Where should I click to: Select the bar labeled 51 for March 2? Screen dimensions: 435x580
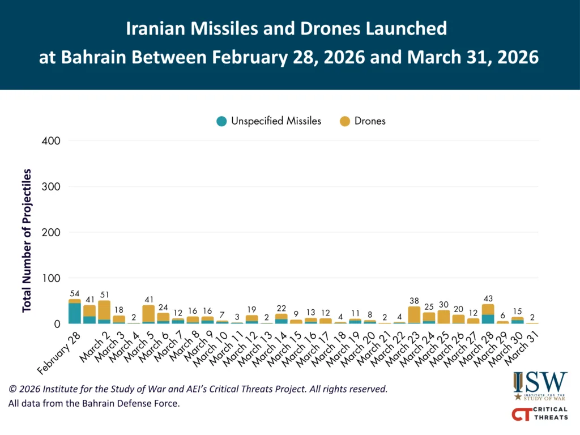pyautogui.click(x=104, y=312)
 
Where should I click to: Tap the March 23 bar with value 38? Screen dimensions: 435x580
pyautogui.click(x=414, y=315)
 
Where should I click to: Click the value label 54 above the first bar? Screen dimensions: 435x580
pyautogui.click(x=74, y=294)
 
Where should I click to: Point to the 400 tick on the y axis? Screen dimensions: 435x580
pyautogui.click(x=52, y=140)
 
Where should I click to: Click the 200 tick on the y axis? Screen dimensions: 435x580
pyautogui.click(x=52, y=232)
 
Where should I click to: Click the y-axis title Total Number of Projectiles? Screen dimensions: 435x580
pyautogui.click(x=27, y=240)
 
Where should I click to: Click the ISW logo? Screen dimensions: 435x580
pyautogui.click(x=540, y=386)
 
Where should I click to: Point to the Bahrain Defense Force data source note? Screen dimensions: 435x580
pyautogui.click(x=93, y=404)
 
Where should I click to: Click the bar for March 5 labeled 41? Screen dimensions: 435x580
pyautogui.click(x=148, y=314)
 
